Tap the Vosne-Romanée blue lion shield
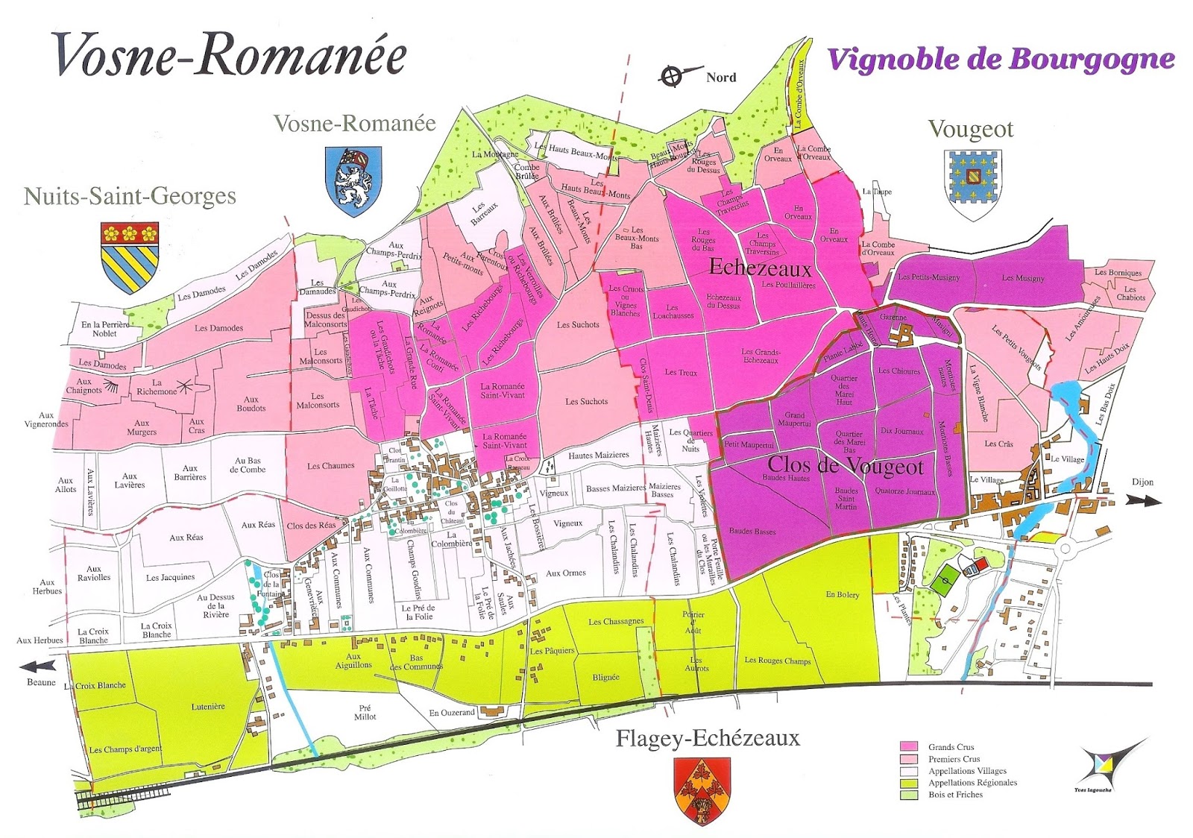click(353, 180)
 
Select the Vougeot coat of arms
click(972, 184)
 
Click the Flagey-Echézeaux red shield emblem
click(702, 790)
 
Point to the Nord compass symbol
click(671, 76)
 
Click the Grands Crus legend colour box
click(908, 746)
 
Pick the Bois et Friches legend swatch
click(908, 795)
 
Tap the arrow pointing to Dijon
click(1143, 502)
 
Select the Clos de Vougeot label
click(846, 467)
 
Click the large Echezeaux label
click(760, 267)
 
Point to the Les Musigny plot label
click(1023, 278)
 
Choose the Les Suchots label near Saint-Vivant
click(586, 401)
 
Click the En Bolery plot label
click(843, 594)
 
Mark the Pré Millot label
click(365, 712)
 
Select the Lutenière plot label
click(208, 706)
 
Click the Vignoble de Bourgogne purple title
click(1001, 60)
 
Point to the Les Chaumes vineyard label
click(331, 466)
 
